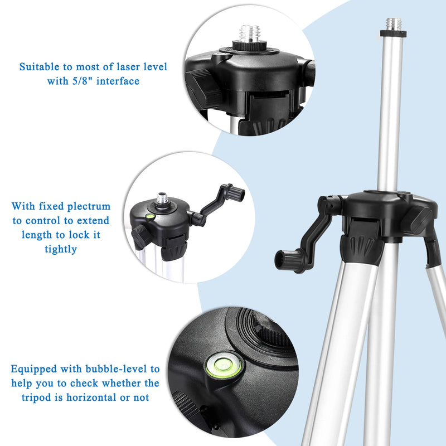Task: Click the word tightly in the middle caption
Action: tap(61, 249)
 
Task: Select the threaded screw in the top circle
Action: tap(247, 32)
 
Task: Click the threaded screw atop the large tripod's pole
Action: tap(394, 25)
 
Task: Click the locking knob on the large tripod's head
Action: tap(418, 219)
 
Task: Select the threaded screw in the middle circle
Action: tap(163, 198)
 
